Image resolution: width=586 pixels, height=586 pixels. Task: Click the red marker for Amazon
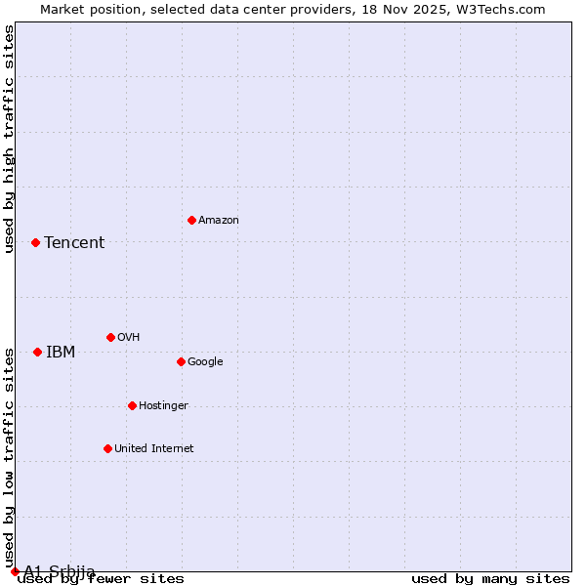(191, 220)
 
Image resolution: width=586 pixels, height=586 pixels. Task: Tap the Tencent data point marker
(35, 242)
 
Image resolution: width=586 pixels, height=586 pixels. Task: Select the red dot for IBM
(37, 352)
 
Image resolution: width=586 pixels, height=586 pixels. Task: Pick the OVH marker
(110, 337)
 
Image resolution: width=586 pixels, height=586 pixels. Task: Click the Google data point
(181, 361)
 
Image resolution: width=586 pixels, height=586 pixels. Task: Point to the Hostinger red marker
(132, 405)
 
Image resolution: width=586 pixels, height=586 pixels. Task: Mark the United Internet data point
(107, 448)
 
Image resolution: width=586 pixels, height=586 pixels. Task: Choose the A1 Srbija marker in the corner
(15, 571)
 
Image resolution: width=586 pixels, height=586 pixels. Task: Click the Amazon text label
(219, 221)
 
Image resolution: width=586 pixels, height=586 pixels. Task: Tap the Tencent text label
(74, 243)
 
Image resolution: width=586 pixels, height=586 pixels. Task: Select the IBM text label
(61, 353)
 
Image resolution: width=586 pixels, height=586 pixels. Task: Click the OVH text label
(129, 338)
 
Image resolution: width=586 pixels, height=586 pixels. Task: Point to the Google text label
(205, 362)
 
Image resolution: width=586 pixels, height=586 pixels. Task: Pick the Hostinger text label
(163, 406)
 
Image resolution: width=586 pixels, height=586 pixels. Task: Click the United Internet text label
(154, 449)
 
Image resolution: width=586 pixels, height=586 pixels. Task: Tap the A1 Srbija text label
(60, 571)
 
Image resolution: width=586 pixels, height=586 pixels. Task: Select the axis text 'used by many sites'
(490, 579)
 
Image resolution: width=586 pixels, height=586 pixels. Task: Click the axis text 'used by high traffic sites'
(10, 139)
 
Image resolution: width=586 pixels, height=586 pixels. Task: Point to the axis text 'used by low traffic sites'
(10, 458)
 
